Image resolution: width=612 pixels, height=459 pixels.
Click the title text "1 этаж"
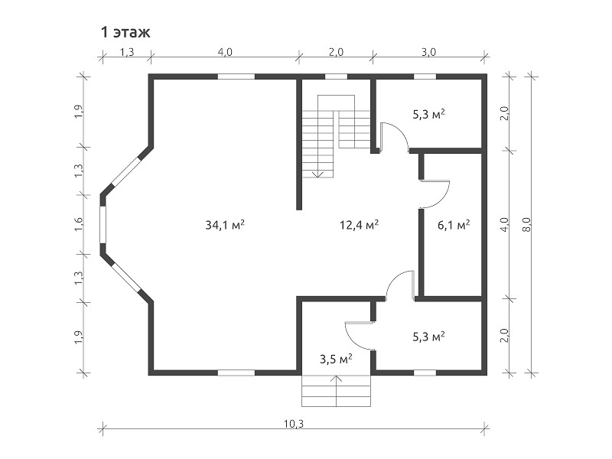[125, 32]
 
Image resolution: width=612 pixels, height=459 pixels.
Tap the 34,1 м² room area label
[225, 224]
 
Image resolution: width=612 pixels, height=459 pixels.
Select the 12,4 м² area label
[359, 224]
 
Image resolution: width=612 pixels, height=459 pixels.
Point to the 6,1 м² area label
[454, 224]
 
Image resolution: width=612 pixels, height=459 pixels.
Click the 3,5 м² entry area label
[336, 359]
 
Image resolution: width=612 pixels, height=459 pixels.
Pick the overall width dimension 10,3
[295, 423]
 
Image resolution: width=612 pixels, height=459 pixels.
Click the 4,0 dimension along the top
[225, 52]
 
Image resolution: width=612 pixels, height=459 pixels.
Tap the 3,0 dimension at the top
[428, 52]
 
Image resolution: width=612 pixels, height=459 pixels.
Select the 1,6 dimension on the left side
[79, 224]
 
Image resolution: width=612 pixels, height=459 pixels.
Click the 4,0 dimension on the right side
[504, 224]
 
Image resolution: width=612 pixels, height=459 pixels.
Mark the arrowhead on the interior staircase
[318, 174]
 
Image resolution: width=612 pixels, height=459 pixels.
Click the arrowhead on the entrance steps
[337, 378]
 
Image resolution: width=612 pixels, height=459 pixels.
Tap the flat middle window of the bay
[103, 224]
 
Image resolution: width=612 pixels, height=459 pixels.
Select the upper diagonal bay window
[125, 171]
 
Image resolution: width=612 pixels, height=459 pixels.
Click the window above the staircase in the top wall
[336, 76]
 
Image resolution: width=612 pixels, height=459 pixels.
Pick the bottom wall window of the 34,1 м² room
[236, 373]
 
